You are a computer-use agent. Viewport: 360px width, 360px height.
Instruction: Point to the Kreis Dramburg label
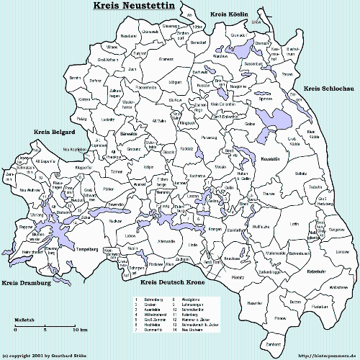[27, 283]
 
